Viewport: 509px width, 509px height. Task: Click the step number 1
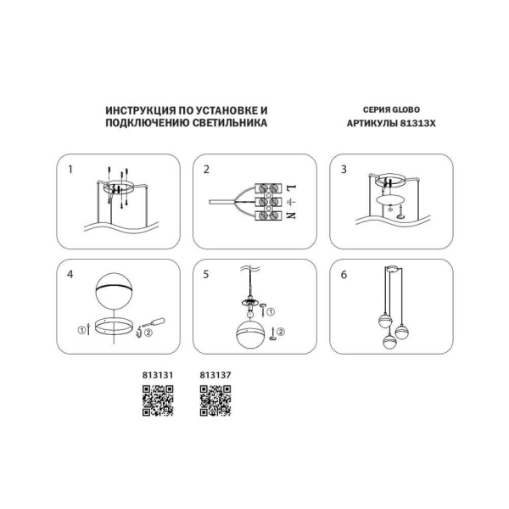71,169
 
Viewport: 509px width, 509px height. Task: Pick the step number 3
344,169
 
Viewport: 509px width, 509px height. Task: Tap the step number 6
344,275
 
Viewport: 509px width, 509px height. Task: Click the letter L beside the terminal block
290,186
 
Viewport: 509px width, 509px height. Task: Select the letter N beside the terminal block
290,216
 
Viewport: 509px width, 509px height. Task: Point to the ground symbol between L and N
290,202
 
